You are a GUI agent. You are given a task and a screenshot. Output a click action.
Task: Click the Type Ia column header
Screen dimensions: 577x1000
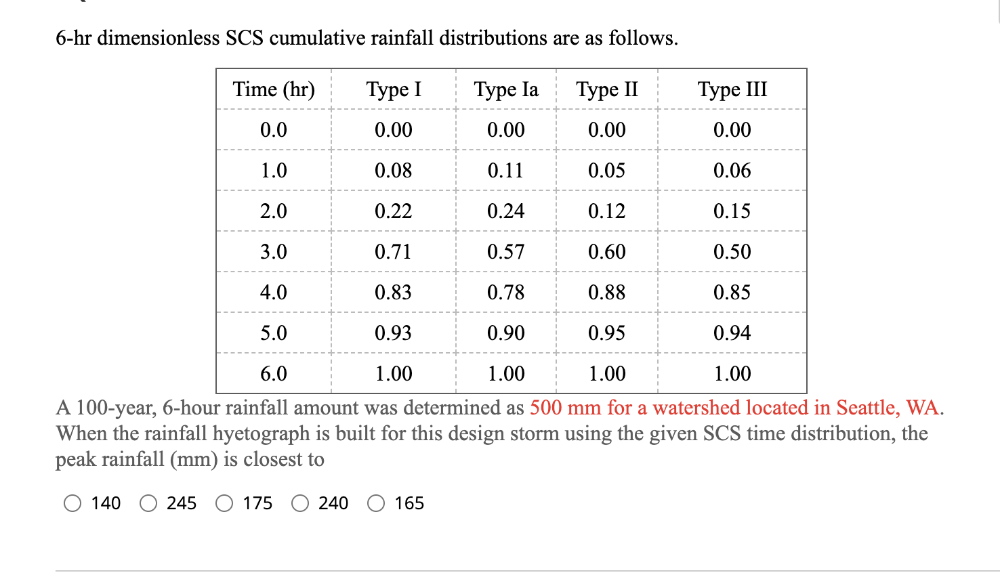tap(506, 89)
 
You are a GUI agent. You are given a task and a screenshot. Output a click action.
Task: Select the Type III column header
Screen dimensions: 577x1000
tap(732, 89)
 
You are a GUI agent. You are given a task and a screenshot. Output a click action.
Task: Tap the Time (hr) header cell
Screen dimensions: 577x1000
tap(274, 89)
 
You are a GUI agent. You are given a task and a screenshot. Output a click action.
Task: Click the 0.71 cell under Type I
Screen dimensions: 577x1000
tap(393, 252)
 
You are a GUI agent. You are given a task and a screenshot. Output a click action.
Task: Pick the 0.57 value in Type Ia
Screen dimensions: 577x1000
tap(506, 252)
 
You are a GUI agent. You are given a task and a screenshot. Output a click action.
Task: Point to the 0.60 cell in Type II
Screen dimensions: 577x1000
tap(606, 252)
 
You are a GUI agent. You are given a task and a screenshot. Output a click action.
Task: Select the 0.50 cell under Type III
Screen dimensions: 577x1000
tap(732, 252)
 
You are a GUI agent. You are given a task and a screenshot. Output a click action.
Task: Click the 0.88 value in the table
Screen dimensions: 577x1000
tap(606, 293)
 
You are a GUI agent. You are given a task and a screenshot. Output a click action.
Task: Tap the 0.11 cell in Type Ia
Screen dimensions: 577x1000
tap(506, 171)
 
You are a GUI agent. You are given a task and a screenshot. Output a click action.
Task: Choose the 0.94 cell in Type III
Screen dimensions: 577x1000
tap(732, 333)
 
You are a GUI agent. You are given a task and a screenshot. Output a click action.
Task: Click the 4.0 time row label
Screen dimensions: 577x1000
tap(274, 293)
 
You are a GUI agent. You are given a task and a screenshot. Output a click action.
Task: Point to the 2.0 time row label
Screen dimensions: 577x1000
tap(274, 211)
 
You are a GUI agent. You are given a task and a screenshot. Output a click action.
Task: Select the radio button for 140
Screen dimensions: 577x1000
tap(72, 503)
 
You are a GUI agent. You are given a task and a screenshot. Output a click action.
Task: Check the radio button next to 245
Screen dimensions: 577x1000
tap(148, 503)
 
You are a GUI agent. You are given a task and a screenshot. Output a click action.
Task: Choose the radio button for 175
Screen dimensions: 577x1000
tap(224, 503)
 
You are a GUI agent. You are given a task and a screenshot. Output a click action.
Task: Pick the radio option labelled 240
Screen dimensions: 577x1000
tap(300, 503)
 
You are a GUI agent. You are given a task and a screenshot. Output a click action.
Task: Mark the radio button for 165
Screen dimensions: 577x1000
tap(376, 503)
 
